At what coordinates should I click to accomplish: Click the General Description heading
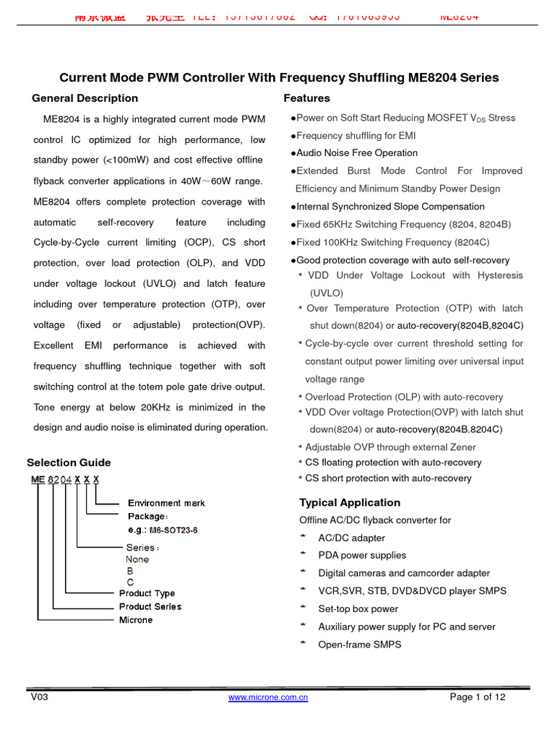pyautogui.click(x=85, y=98)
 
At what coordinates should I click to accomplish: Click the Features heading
pyautogui.click(x=306, y=98)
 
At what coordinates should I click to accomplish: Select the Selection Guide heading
pyautogui.click(x=69, y=462)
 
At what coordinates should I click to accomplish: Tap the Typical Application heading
pyautogui.click(x=349, y=503)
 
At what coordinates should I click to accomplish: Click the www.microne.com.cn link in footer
pyautogui.click(x=268, y=697)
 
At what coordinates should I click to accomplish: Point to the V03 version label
pyautogui.click(x=39, y=697)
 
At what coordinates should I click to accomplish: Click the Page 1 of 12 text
pyautogui.click(x=477, y=697)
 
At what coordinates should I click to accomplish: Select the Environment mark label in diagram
pyautogui.click(x=166, y=503)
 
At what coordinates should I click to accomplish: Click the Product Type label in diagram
pyautogui.click(x=147, y=593)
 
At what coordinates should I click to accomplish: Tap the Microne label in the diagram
pyautogui.click(x=136, y=620)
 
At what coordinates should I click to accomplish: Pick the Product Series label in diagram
pyautogui.click(x=150, y=606)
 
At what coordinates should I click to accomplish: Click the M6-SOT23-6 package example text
pyautogui.click(x=173, y=530)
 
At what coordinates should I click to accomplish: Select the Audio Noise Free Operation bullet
pyautogui.click(x=356, y=153)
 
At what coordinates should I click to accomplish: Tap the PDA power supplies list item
pyautogui.click(x=362, y=556)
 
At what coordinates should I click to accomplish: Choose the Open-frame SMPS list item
pyautogui.click(x=359, y=645)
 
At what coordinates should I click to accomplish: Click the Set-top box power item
pyautogui.click(x=358, y=609)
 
